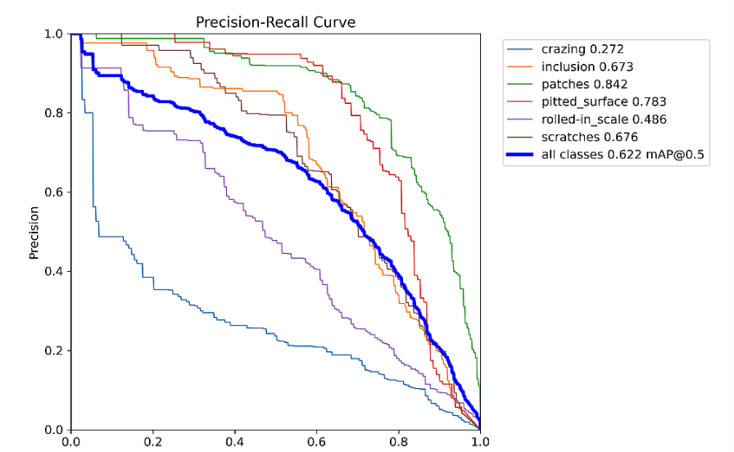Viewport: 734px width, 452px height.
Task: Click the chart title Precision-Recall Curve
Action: click(x=275, y=22)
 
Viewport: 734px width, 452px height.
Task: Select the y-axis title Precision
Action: click(x=34, y=232)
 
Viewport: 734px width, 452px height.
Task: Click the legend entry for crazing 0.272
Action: click(x=587, y=49)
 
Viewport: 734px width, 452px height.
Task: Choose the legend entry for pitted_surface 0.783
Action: click(x=604, y=102)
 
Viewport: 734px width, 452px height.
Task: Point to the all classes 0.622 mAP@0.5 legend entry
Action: click(x=622, y=154)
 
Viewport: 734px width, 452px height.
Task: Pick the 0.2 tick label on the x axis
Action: click(x=152, y=443)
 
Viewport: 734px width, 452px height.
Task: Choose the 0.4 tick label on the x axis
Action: click(x=234, y=443)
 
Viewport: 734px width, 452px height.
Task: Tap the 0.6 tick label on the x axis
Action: click(x=316, y=443)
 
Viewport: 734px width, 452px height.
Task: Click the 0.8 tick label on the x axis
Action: click(x=398, y=443)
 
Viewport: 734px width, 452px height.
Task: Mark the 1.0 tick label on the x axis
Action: click(x=480, y=443)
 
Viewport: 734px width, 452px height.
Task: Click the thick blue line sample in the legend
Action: click(x=522, y=154)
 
